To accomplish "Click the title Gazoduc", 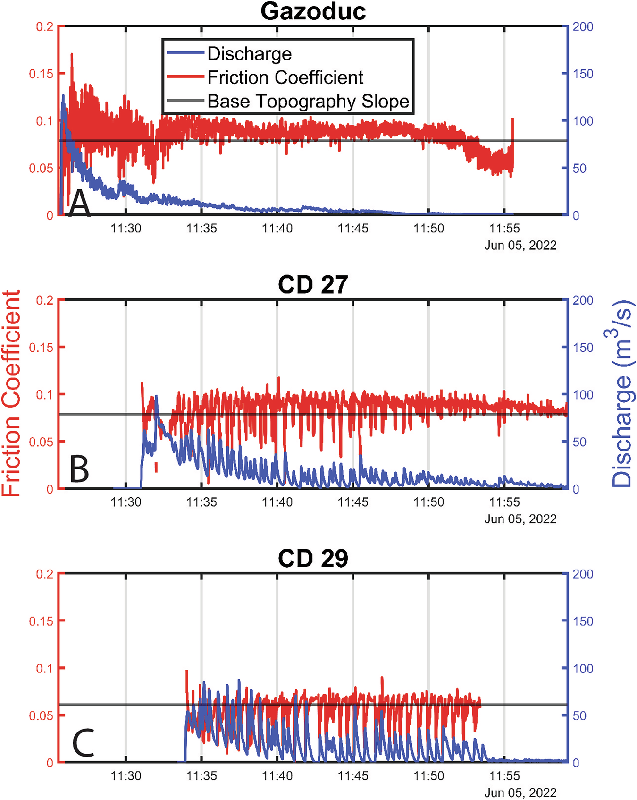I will (313, 11).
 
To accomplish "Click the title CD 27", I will (313, 285).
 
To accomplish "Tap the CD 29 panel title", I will (313, 559).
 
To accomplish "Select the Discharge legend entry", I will (249, 54).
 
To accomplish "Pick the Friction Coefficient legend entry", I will (285, 77).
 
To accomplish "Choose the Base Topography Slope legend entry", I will (308, 101).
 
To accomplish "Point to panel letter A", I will (79, 204).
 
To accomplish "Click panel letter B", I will (79, 469).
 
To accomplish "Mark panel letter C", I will (83, 743).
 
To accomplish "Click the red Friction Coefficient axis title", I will (11, 393).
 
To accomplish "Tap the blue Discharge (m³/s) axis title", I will (622, 393).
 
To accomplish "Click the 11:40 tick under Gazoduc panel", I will (277, 229).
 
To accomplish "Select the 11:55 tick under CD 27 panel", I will (504, 502).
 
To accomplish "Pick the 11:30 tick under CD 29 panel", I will (126, 776).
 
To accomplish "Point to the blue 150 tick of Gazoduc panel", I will (582, 74).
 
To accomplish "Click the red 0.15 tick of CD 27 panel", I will (41, 348).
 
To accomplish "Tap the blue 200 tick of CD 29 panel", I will (582, 574).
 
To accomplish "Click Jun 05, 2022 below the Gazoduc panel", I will (520, 245).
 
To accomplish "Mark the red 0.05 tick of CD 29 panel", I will (41, 715).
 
